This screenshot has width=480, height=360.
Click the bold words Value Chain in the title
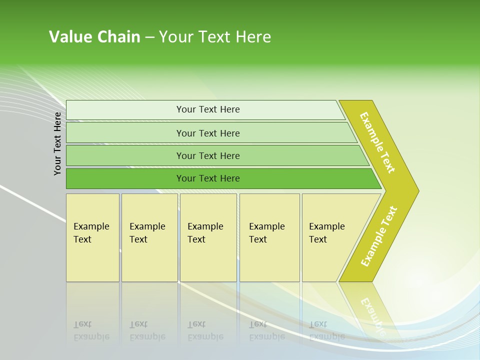pyautogui.click(x=94, y=37)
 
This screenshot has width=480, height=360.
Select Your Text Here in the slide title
pyautogui.click(x=215, y=37)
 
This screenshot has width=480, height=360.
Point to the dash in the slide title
pyautogui.click(x=149, y=37)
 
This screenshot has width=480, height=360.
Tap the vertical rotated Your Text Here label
pyautogui.click(x=58, y=143)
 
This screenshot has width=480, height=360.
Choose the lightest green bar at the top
pyautogui.click(x=208, y=109)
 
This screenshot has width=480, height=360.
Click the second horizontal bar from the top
pyautogui.click(x=208, y=133)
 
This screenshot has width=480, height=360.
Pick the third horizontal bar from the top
pyautogui.click(x=208, y=155)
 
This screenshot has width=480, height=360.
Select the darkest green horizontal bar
pyautogui.click(x=208, y=178)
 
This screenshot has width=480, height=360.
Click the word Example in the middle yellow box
pyautogui.click(x=205, y=226)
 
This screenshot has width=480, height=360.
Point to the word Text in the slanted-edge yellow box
pyautogui.click(x=318, y=239)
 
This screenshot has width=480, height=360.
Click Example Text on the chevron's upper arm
pyautogui.click(x=377, y=142)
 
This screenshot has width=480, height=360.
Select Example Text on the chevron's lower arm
pyautogui.click(x=378, y=236)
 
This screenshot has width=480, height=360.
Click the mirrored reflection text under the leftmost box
pyautogui.click(x=91, y=331)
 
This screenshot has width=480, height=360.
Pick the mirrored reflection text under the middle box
pyautogui.click(x=205, y=331)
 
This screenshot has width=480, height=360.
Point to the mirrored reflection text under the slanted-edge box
pyautogui.click(x=327, y=331)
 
